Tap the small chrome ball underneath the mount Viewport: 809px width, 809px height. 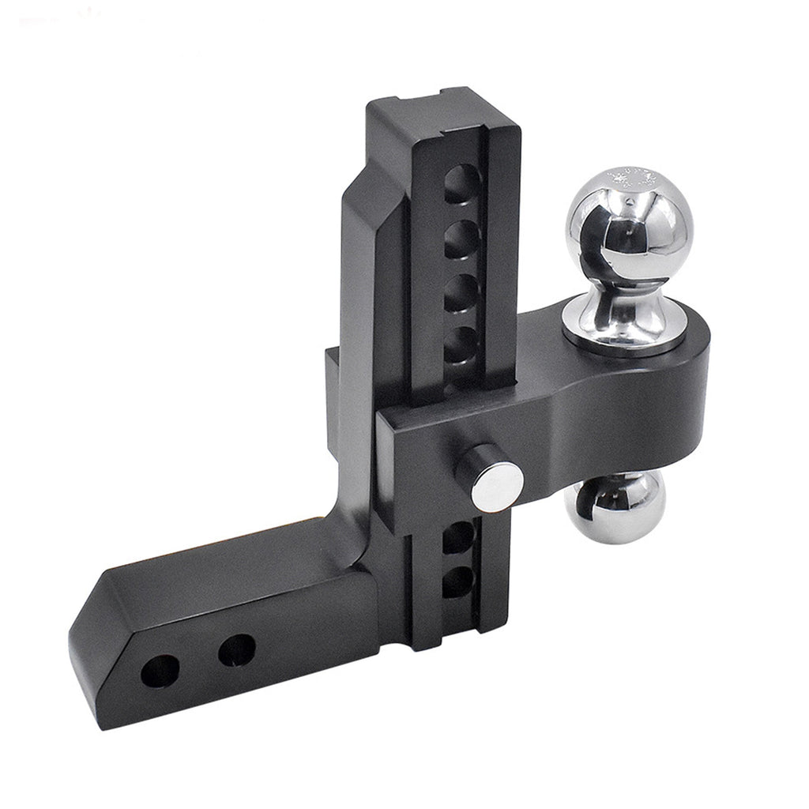click(616, 506)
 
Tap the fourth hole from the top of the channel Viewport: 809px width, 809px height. click(460, 344)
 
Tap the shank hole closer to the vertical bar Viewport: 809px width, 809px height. click(236, 649)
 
